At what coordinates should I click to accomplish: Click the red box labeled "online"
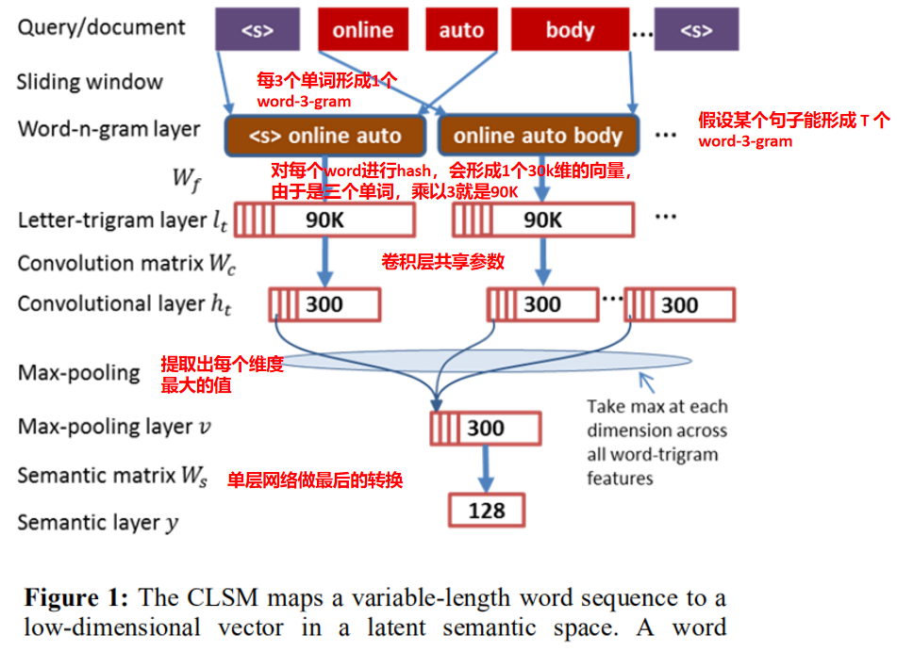click(x=363, y=29)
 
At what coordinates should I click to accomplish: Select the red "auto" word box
click(x=461, y=29)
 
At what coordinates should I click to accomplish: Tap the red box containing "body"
click(x=570, y=29)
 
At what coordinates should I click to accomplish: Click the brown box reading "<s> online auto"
click(x=324, y=136)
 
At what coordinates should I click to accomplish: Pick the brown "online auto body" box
click(x=538, y=136)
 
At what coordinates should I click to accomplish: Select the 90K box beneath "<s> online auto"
click(x=324, y=220)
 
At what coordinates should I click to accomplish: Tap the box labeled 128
click(x=486, y=511)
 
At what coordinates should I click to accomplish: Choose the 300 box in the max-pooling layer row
click(x=486, y=429)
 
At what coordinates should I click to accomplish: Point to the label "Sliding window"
click(x=90, y=82)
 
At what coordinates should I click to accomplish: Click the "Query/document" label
click(x=101, y=27)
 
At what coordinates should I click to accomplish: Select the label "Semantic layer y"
click(x=98, y=522)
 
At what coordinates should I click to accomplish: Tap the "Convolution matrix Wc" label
click(x=126, y=263)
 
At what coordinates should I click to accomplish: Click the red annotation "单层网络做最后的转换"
click(x=316, y=480)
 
